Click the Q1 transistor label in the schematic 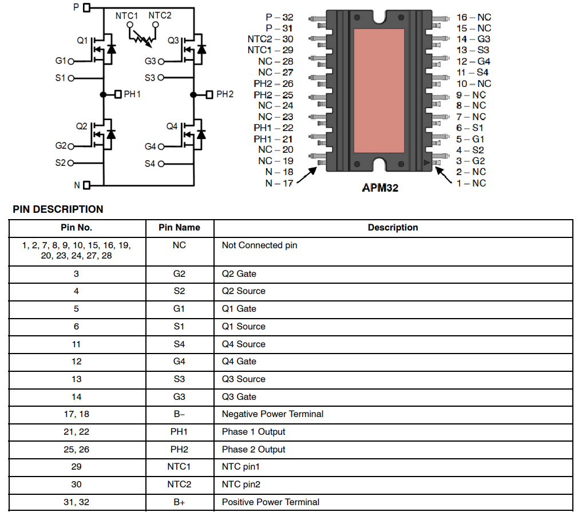click(82, 41)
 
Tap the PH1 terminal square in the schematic click(118, 94)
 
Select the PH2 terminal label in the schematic click(225, 94)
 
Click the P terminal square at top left click(87, 8)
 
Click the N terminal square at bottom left click(87, 185)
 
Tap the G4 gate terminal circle click(161, 147)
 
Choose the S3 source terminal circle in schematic click(161, 77)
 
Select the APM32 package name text click(380, 187)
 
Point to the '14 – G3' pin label click(473, 39)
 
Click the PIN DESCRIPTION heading click(58, 209)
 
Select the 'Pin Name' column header click(179, 228)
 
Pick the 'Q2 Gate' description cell click(239, 273)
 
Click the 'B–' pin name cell click(179, 414)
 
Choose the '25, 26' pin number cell click(77, 450)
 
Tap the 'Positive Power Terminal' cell click(271, 502)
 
